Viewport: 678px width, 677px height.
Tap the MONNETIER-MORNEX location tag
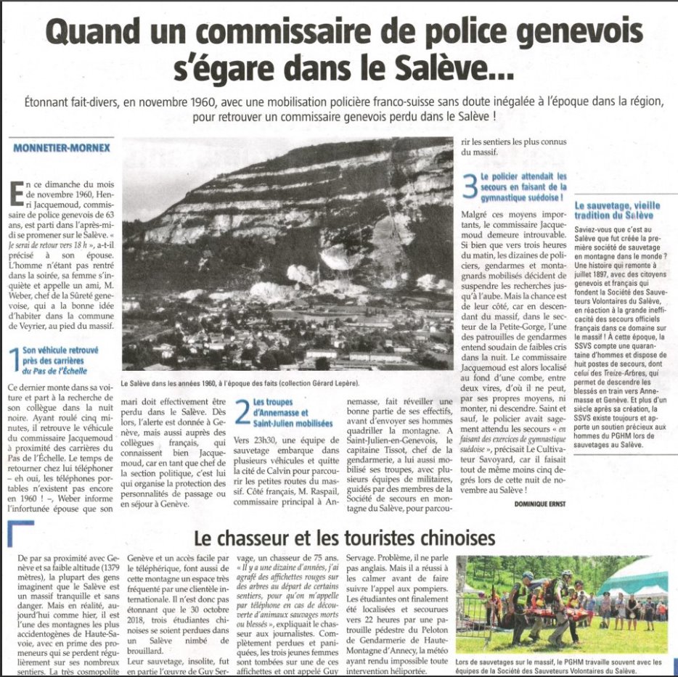point(62,149)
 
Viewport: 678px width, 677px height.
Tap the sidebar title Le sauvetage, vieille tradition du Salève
point(614,211)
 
